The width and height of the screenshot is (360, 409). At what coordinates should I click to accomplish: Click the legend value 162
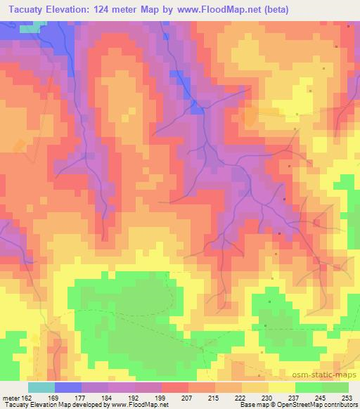pos(26,396)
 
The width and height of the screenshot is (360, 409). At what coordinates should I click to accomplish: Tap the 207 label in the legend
pos(187,396)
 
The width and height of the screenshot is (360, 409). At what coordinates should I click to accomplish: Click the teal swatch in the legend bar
pos(41,387)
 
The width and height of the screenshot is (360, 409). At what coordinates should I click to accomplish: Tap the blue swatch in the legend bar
pos(68,387)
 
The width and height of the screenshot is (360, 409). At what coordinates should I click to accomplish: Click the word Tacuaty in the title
pos(28,11)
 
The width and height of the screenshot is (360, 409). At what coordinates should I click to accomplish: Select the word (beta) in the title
pos(274,11)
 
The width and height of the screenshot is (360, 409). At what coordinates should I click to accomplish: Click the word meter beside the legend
pos(10,396)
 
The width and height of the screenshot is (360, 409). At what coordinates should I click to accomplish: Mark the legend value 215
pos(214,396)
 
